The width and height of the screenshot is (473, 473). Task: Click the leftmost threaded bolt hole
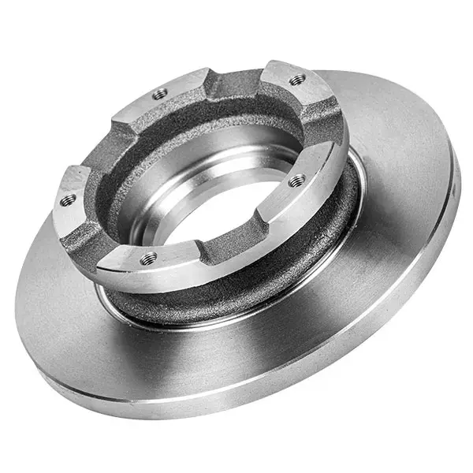pyautogui.click(x=68, y=199)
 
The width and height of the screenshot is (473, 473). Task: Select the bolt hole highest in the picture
pyautogui.click(x=297, y=79)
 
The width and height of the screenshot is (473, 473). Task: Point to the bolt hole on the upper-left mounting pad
pyautogui.click(x=160, y=93)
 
